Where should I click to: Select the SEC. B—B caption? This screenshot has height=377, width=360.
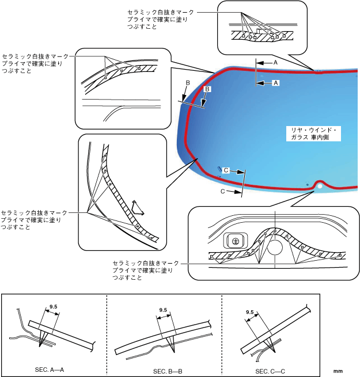pyautogui.click(x=168, y=371)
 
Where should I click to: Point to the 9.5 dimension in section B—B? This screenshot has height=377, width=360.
pyautogui.click(x=162, y=310)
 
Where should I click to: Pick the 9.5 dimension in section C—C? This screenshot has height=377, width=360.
pyautogui.click(x=250, y=312)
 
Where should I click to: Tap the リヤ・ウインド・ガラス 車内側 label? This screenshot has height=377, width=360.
pyautogui.click(x=313, y=134)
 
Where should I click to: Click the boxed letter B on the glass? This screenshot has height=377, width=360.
pyautogui.click(x=208, y=89)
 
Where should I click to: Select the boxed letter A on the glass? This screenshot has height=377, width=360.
pyautogui.click(x=275, y=83)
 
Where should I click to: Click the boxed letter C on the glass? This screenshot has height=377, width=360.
pyautogui.click(x=227, y=170)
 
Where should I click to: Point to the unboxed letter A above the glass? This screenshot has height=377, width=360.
pyautogui.click(x=275, y=61)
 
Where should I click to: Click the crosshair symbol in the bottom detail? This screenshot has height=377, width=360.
pyautogui.click(x=234, y=239)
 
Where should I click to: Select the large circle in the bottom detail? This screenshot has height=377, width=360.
pyautogui.click(x=275, y=247)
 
